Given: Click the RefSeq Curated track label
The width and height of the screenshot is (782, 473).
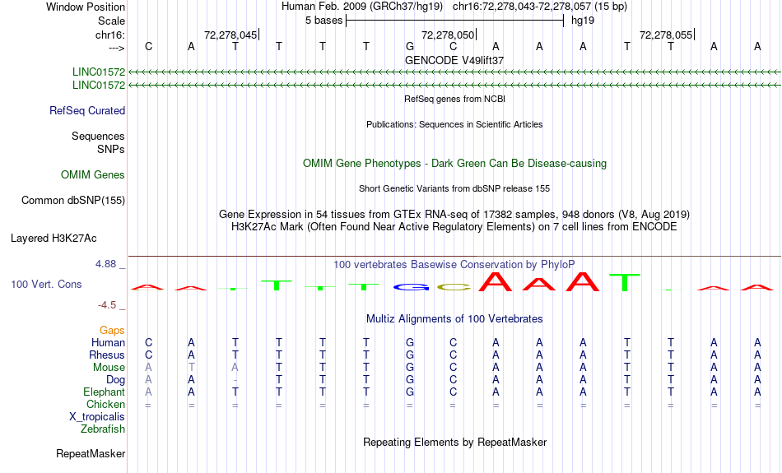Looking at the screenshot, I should [87, 111].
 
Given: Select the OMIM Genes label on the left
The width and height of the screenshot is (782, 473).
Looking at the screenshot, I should [93, 175].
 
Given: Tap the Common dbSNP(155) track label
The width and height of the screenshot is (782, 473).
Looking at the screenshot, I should [73, 200].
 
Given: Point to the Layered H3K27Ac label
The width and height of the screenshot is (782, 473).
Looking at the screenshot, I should [54, 239].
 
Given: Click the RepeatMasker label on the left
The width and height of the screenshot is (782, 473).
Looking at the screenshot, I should [91, 454].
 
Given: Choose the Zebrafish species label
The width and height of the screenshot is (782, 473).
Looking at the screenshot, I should [103, 429].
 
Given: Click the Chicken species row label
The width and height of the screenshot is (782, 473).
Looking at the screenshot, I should [105, 405].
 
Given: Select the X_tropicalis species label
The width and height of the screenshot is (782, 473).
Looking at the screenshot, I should [97, 417].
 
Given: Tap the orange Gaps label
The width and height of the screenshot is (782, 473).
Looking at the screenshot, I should [112, 331].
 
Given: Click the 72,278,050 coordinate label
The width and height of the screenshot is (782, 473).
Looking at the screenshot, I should [448, 35].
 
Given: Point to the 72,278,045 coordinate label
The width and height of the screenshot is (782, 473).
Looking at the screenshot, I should [230, 35].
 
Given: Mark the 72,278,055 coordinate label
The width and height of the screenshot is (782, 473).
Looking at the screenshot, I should [666, 35].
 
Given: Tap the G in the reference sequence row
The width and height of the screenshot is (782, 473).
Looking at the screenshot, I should [409, 46].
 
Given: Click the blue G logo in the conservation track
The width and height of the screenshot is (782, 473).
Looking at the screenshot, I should [409, 287].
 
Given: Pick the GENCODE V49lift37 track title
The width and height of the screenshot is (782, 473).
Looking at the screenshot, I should [454, 61].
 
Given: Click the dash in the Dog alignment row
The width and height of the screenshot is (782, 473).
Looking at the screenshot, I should [235, 380].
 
